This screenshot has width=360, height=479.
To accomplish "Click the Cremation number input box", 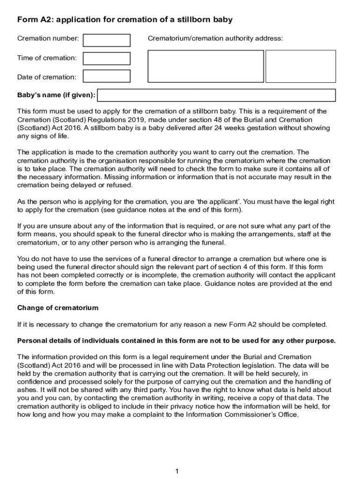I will [x=107, y=40].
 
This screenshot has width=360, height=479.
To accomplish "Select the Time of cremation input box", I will [x=107, y=58].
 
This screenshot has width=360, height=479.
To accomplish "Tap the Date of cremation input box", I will [x=107, y=76].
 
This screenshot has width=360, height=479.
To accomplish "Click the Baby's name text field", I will [x=216, y=95].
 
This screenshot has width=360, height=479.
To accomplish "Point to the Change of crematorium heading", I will [x=58, y=308].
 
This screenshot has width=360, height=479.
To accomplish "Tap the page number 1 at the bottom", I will [x=177, y=471].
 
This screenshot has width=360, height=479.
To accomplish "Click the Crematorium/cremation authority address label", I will [x=215, y=38].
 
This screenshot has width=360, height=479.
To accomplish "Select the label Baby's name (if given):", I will [x=56, y=95].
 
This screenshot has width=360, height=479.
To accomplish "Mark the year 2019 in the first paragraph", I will [x=117, y=120].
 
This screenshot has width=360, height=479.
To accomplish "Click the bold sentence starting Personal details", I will [x=176, y=341].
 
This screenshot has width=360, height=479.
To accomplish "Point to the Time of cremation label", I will [x=47, y=58].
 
